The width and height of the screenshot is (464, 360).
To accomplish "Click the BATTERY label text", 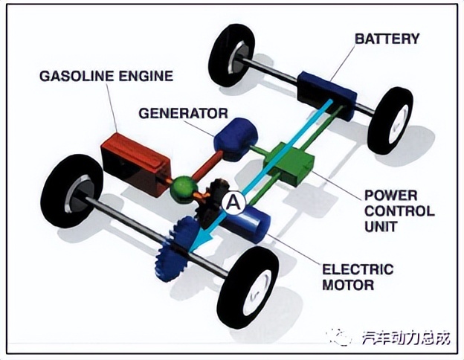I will [x=387, y=38].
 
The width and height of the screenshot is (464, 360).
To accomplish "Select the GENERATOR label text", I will [x=182, y=113].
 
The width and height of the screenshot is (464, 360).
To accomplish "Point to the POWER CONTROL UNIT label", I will [x=399, y=211].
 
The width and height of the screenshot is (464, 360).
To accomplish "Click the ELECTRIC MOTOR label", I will [x=357, y=276].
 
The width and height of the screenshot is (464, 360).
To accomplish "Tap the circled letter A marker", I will [x=233, y=200].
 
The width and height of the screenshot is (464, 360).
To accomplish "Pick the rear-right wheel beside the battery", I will [x=390, y=120].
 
